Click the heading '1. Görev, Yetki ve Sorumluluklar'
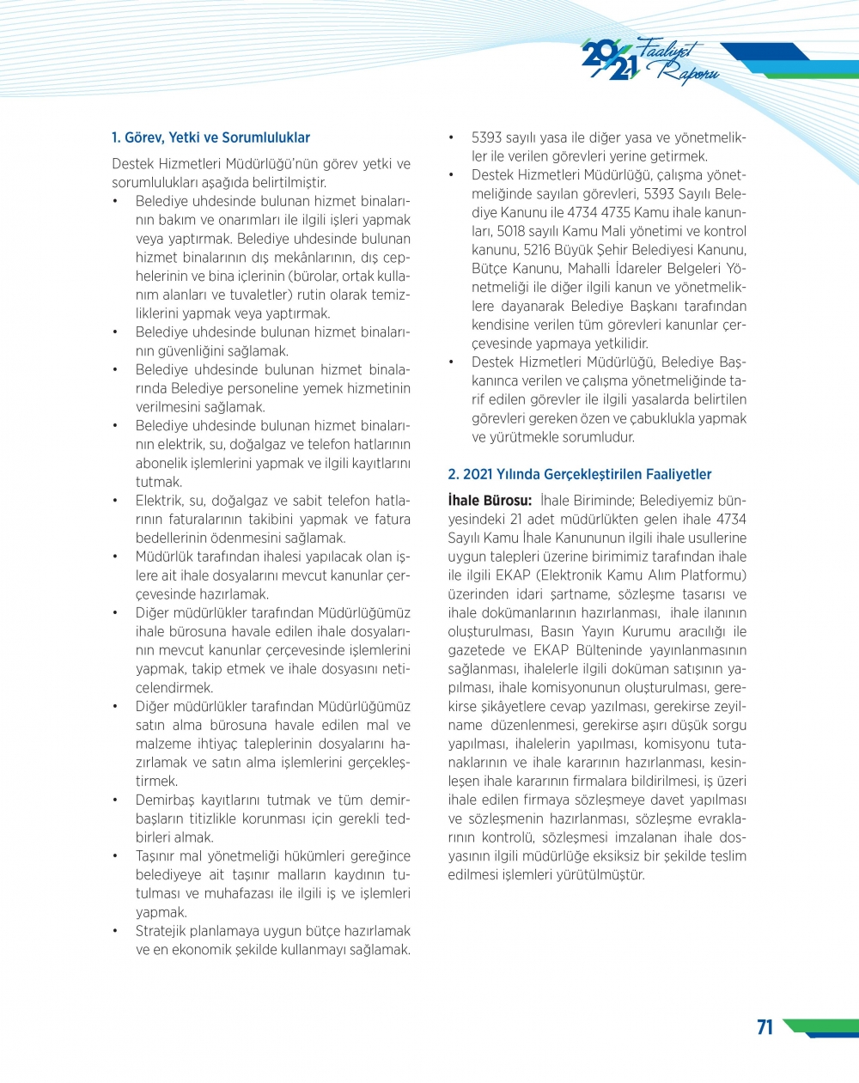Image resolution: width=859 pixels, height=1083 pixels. click(210, 137)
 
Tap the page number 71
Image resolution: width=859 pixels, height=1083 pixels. click(765, 1027)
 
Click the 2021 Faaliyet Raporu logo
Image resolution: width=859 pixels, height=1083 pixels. click(649, 61)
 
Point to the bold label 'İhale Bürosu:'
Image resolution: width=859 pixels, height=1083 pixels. click(490, 501)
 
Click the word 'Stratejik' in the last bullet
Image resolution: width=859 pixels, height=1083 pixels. click(163, 931)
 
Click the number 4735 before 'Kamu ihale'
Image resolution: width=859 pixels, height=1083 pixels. click(616, 212)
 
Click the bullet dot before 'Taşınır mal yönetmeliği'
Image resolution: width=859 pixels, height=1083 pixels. click(115, 856)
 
